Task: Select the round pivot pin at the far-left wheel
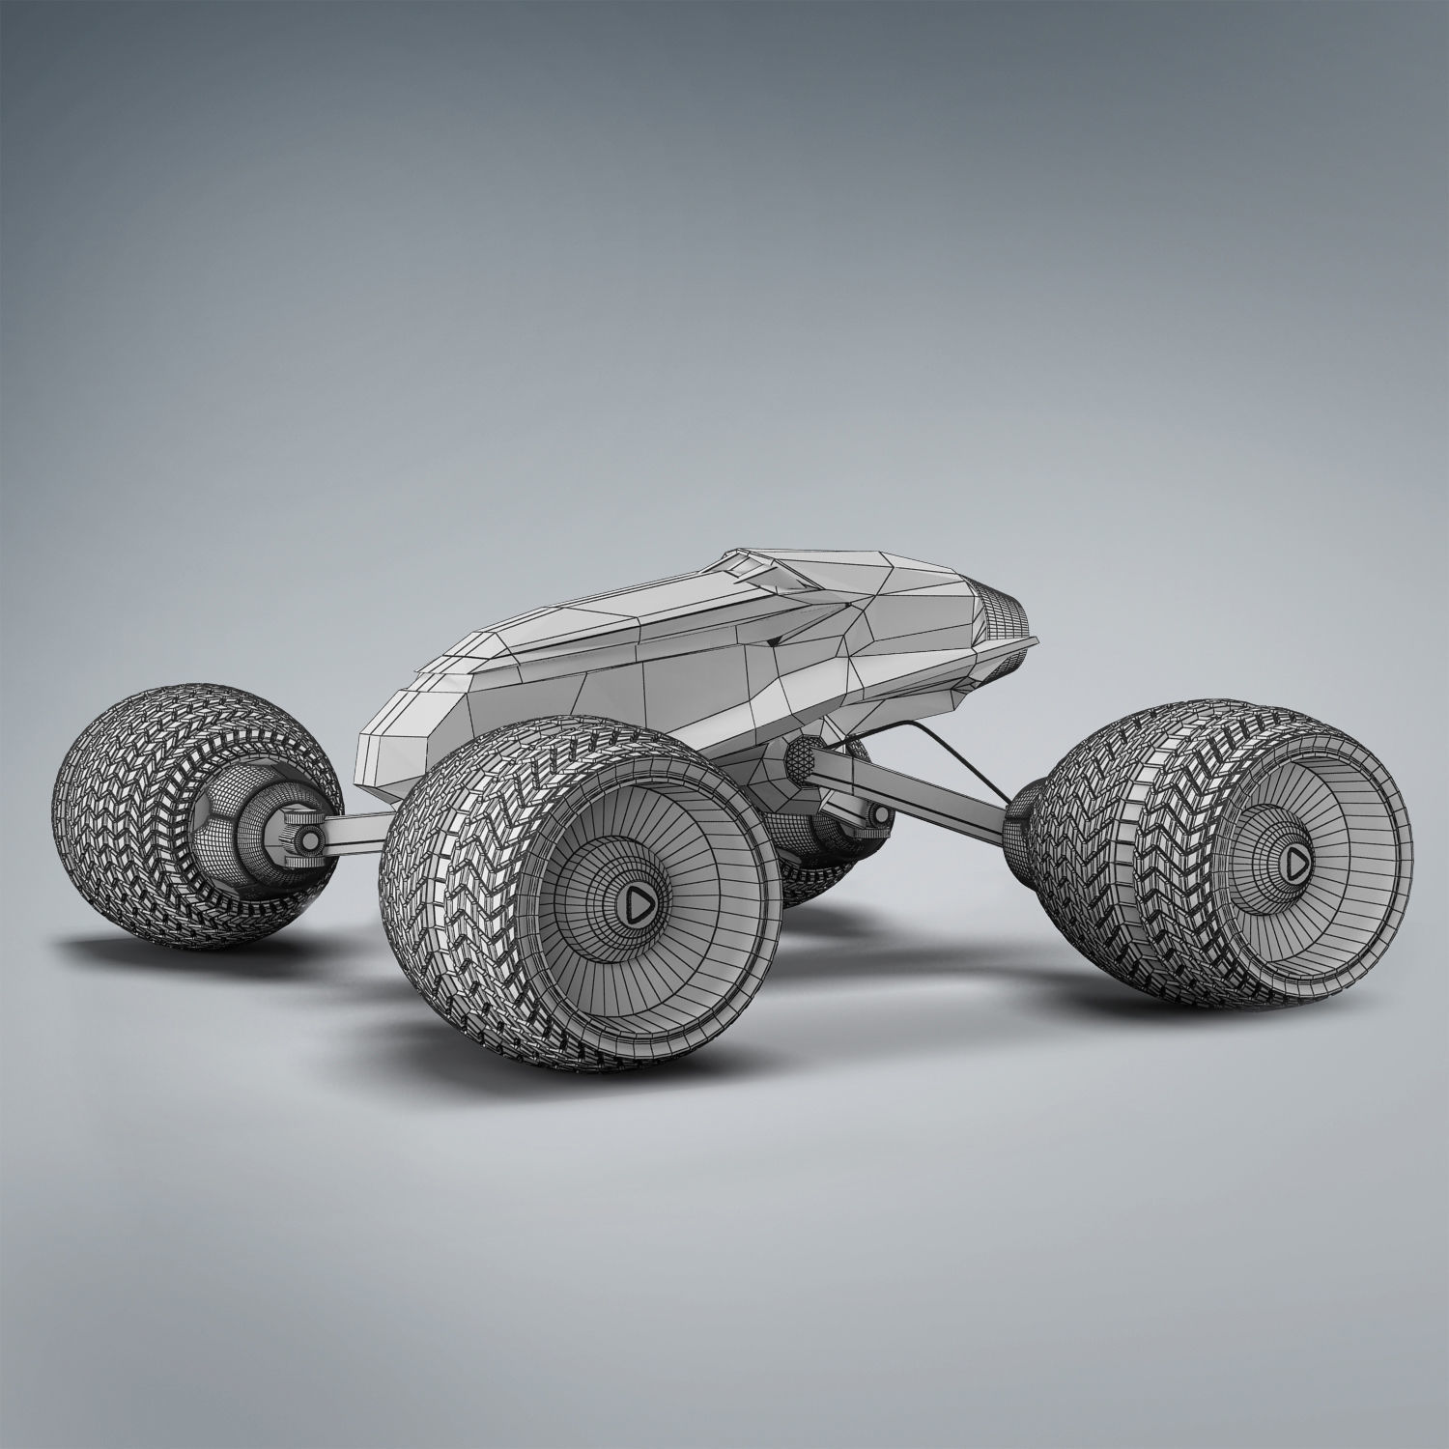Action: click(x=307, y=840)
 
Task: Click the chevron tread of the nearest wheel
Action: click(x=454, y=869)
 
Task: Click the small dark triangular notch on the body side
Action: click(x=774, y=641)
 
